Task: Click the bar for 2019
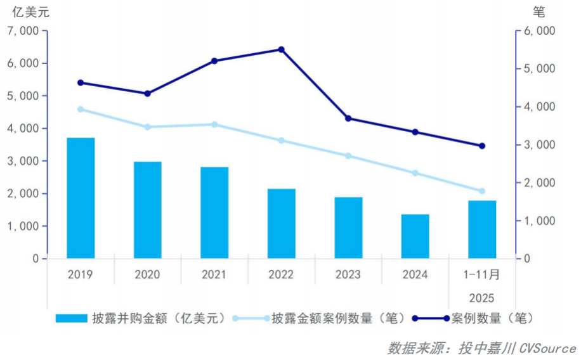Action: (x=81, y=198)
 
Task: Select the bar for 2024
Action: (x=415, y=236)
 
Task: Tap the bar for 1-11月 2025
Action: (x=482, y=229)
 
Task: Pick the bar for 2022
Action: (x=281, y=224)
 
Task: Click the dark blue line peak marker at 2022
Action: (x=282, y=49)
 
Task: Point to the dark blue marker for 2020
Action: (x=148, y=93)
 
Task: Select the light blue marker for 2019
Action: (x=81, y=109)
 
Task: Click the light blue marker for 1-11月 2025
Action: (x=482, y=191)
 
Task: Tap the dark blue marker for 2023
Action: (x=348, y=119)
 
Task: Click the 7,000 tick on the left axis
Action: (x=22, y=30)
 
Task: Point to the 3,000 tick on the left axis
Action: (x=22, y=161)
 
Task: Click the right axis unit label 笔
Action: (x=539, y=11)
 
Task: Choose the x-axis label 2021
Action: (x=214, y=274)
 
